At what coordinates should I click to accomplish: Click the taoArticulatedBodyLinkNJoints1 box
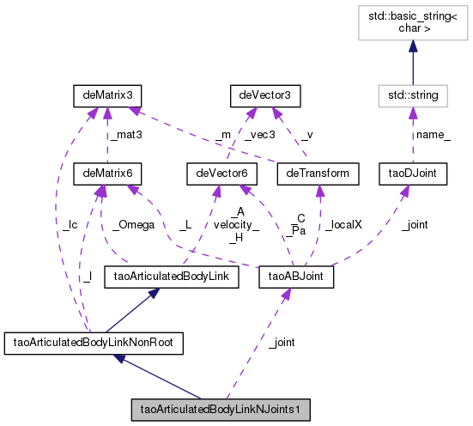[219, 410]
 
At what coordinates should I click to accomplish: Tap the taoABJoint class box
[295, 277]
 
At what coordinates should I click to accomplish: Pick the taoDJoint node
[412, 174]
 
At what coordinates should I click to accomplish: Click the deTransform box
[314, 174]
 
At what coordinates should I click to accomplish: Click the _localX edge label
[346, 224]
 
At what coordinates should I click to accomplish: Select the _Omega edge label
[133, 224]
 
